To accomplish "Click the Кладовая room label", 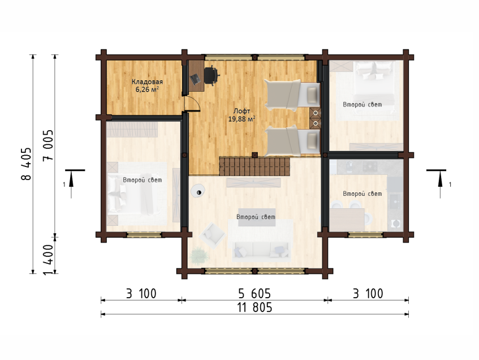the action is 147,82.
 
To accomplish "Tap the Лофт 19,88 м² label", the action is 241,115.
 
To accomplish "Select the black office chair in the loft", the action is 211,75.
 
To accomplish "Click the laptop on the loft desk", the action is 195,79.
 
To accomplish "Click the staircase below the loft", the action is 254,166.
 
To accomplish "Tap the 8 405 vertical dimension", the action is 27,164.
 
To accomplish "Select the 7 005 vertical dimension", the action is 48,146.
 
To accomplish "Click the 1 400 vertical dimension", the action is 48,260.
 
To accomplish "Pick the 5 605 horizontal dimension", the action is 254,294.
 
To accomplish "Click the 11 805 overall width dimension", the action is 254,307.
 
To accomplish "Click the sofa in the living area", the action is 261,251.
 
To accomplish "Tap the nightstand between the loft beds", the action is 315,118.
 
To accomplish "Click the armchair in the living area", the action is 212,235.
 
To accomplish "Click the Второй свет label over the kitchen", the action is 363,194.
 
